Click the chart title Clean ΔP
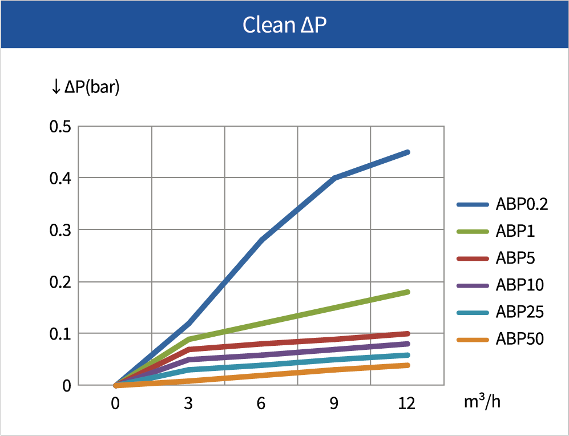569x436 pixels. pos(284,25)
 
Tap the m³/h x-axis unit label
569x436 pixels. pos(482,402)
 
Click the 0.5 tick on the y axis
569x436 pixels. pos(60,127)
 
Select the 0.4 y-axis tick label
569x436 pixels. pos(60,178)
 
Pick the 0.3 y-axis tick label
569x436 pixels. pos(60,230)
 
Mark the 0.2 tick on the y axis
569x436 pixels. pos(60,282)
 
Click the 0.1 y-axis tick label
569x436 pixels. pos(60,334)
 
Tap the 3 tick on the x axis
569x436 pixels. pos(188,404)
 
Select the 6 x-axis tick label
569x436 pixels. pos(261,404)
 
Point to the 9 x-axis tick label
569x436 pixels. pos(334,404)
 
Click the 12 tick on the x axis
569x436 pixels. pos(406,404)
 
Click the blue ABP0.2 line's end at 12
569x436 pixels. pos(407,152)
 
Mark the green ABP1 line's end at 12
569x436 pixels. pos(407,292)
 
